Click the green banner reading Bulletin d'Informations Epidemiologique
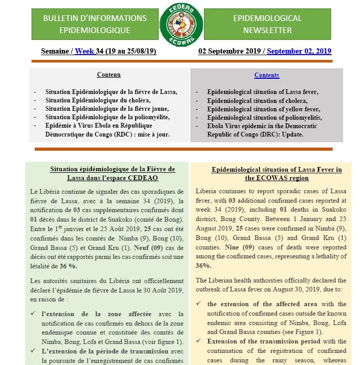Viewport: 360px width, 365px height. click(x=95, y=24)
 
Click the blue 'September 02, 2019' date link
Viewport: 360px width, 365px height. click(x=299, y=51)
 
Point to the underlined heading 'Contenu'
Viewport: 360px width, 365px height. click(x=109, y=75)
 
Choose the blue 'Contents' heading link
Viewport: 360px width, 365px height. click(x=266, y=75)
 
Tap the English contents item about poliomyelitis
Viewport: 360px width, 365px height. click(x=264, y=117)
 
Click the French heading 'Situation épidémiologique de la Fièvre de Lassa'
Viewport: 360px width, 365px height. click(x=112, y=173)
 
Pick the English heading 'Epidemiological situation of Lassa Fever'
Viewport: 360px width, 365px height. click(x=276, y=174)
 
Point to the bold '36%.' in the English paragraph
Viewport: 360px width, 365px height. click(x=203, y=266)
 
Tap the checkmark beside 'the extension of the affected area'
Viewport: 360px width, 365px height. click(x=198, y=304)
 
